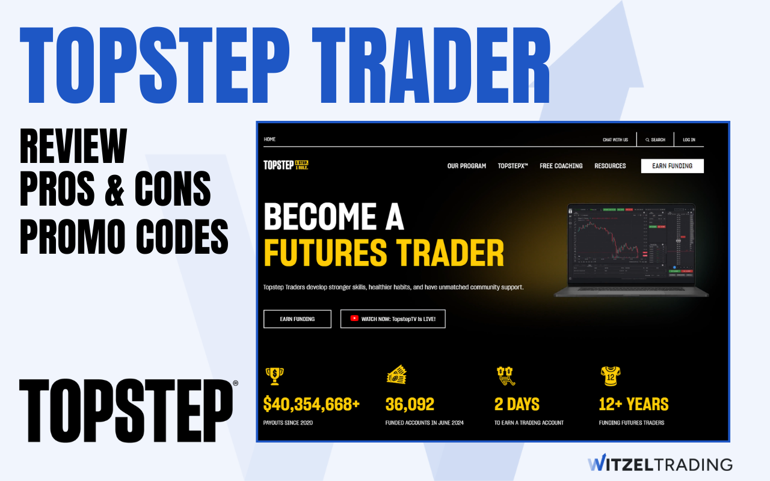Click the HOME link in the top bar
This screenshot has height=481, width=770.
pos(269,139)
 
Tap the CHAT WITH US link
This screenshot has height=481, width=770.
pos(615,140)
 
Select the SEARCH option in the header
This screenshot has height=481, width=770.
pos(655,140)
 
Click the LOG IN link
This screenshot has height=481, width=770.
pos(689,140)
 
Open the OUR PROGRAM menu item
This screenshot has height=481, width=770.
pos(466,166)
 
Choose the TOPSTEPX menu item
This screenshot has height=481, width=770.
pos(513,166)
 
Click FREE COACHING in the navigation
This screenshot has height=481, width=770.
pos(561,166)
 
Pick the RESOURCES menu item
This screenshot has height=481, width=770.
pos(610,166)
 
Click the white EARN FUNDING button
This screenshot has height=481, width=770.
pos(672,166)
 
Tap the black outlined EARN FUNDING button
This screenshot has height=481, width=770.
pos(297,319)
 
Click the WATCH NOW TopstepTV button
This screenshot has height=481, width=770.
pos(393,319)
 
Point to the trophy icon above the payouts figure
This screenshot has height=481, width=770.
pos(274,376)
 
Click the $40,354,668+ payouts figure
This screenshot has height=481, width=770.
pos(311,404)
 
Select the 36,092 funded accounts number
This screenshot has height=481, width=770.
pos(410,404)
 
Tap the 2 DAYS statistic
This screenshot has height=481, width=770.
pos(517,404)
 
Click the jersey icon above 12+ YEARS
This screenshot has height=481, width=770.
pos(610,376)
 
